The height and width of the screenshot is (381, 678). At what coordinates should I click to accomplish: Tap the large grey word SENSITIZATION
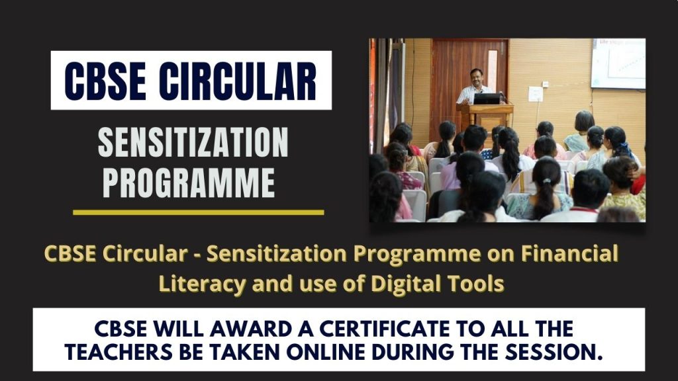click(193, 142)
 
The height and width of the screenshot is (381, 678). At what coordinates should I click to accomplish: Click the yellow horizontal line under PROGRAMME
click(198, 212)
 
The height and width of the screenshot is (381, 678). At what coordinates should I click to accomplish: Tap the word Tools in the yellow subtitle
click(475, 282)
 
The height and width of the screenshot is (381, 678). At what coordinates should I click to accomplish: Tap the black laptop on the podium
click(487, 99)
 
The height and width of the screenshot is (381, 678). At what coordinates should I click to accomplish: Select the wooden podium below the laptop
click(487, 119)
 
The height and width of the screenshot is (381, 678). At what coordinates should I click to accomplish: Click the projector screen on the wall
click(618, 63)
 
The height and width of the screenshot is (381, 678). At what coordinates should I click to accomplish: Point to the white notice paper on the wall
click(535, 94)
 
